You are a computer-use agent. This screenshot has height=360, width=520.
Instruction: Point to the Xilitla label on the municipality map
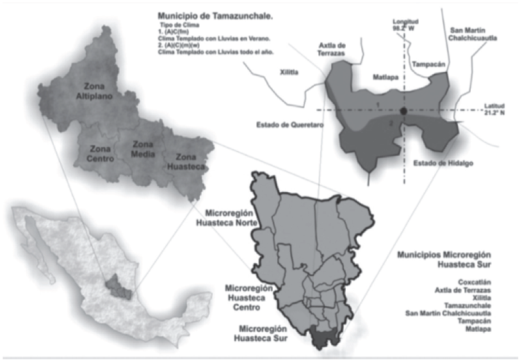289,73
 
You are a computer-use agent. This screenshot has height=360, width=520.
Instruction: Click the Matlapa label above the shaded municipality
385,77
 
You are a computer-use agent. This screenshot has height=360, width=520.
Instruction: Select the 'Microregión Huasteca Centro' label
250,297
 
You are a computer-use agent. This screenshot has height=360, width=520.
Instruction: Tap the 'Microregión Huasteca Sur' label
262,333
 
